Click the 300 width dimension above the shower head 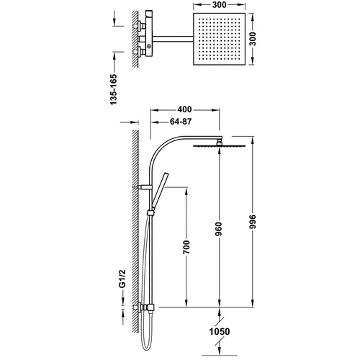pyautogui.click(x=220, y=4)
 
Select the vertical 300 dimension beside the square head pyautogui.click(x=253, y=39)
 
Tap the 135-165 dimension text pyautogui.click(x=114, y=89)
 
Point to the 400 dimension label pyautogui.click(x=184, y=109)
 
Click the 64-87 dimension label pyautogui.click(x=181, y=122)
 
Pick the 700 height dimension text pyautogui.click(x=186, y=247)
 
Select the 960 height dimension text pyautogui.click(x=219, y=229)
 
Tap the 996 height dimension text pyautogui.click(x=253, y=222)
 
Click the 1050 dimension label pyautogui.click(x=220, y=332)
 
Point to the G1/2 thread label pyautogui.click(x=122, y=279)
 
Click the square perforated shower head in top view pyautogui.click(x=220, y=39)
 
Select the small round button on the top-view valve pyautogui.click(x=149, y=45)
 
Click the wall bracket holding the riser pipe pyautogui.click(x=145, y=187)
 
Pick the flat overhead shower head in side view pyautogui.click(x=220, y=145)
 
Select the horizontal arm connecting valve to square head pyautogui.click(x=173, y=39)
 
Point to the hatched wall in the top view pyautogui.click(x=135, y=39)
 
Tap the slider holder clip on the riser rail pyautogui.click(x=150, y=213)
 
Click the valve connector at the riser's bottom pyautogui.click(x=147, y=307)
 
